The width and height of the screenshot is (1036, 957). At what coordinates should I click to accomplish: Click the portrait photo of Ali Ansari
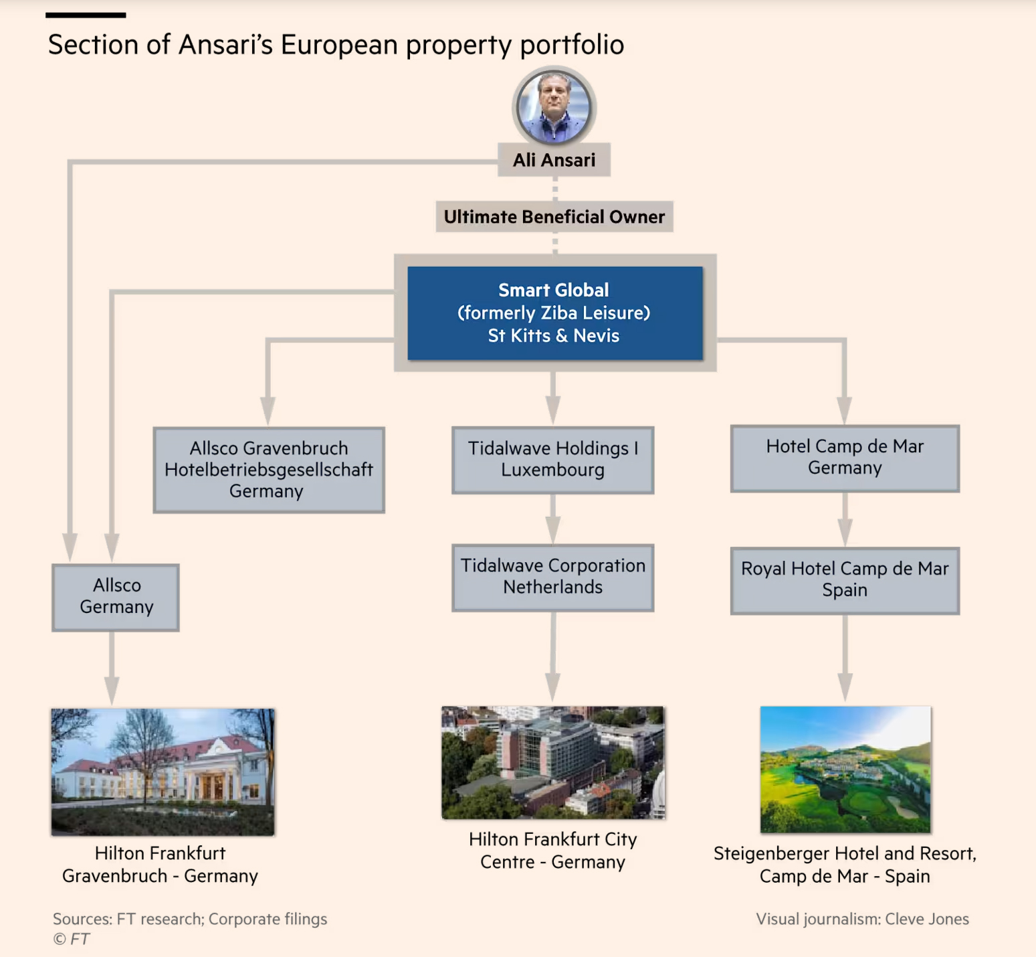(554, 107)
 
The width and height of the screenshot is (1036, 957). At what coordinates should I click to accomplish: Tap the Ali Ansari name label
(554, 160)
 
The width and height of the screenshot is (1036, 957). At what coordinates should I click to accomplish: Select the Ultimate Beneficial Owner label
(554, 217)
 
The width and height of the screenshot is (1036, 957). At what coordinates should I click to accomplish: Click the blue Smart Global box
(555, 313)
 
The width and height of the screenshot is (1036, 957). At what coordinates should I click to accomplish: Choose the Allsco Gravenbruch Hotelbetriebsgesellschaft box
(269, 470)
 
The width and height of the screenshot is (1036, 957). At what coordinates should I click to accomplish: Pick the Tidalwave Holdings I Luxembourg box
(553, 460)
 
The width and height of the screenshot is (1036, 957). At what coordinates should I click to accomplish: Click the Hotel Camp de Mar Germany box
(845, 458)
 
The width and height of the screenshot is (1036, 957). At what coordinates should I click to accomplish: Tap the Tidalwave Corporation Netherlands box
(553, 577)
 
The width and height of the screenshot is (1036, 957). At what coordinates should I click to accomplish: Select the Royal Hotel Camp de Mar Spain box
(845, 580)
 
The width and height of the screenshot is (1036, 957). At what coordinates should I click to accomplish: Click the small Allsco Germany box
(116, 597)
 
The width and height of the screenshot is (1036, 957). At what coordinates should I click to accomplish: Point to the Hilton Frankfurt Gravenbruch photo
(163, 772)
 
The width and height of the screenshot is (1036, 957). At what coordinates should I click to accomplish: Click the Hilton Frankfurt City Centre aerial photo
(553, 762)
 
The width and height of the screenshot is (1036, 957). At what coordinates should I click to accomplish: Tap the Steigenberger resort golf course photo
(845, 769)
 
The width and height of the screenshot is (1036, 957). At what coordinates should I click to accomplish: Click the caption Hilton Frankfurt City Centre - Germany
(553, 851)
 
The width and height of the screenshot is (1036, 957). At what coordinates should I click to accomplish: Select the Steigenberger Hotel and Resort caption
(845, 865)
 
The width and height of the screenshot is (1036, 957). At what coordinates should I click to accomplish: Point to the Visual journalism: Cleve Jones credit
(862, 919)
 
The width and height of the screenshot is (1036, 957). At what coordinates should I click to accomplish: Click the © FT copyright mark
(72, 939)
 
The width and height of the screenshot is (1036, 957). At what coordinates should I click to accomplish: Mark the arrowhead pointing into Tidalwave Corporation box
(553, 530)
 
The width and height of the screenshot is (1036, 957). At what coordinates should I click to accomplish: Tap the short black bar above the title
(86, 15)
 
